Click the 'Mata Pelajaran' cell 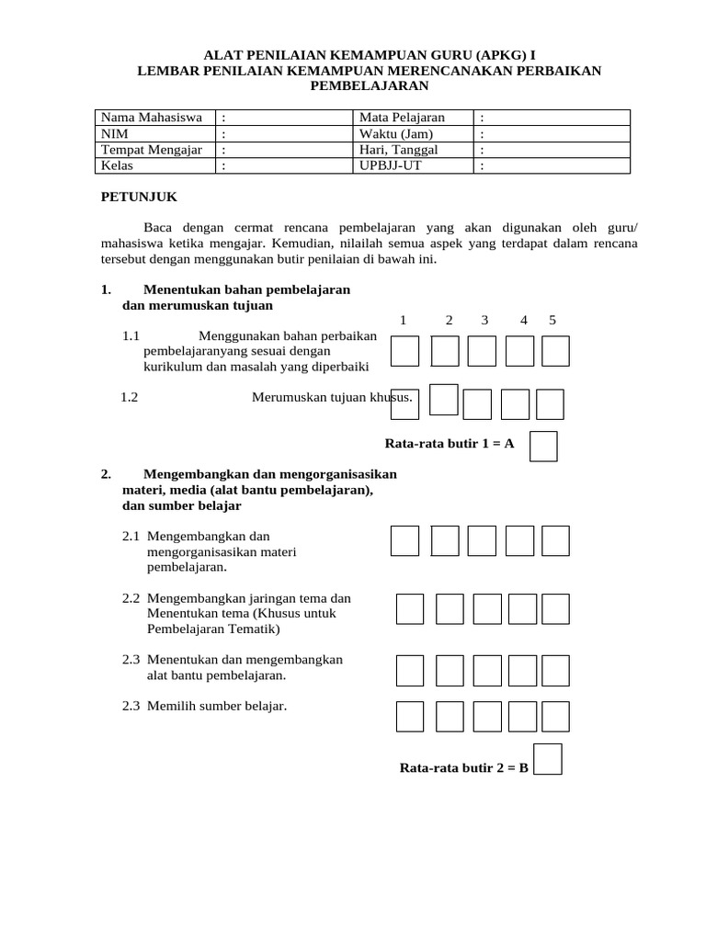click(402, 118)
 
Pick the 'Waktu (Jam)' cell click(395, 133)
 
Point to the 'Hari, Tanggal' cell click(399, 150)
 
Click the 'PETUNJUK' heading click(138, 198)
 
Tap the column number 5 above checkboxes click(552, 320)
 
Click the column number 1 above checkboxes click(403, 320)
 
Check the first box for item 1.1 click(404, 351)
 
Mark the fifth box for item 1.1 click(555, 351)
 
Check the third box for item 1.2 click(477, 404)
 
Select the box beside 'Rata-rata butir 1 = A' click(544, 446)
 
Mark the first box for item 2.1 click(404, 541)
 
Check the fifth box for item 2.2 click(555, 608)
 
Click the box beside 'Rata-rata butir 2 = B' click(548, 759)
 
